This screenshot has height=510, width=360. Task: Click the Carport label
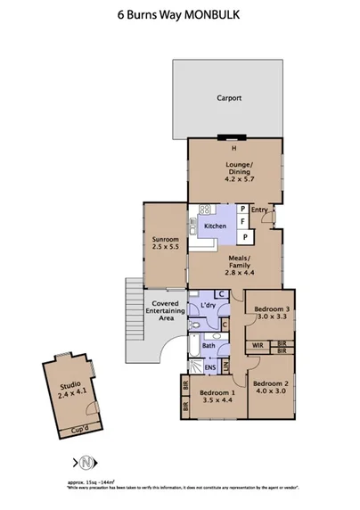[230, 98]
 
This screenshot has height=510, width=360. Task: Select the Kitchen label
[216, 226]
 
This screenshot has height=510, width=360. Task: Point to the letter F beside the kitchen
[242, 222]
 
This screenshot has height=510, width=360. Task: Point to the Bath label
[208, 345]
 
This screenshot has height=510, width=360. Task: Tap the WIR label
[257, 344]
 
